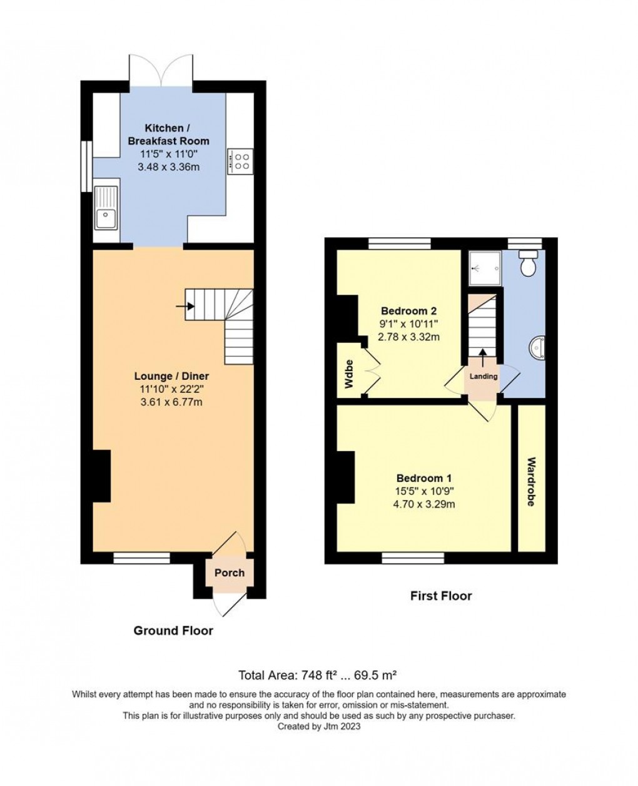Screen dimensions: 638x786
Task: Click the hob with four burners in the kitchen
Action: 240,161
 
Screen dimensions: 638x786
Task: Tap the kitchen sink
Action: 106,208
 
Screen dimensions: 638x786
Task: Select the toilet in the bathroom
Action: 529,262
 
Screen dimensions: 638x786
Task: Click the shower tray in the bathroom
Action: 485,268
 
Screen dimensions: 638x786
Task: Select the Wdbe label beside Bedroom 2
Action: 348,374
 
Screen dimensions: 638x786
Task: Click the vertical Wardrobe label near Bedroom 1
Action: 531,482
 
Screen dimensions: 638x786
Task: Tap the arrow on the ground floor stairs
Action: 185,306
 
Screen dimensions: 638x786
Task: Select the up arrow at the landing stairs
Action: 483,357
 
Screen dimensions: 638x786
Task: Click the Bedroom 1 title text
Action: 423,478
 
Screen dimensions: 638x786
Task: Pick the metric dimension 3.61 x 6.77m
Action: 171,402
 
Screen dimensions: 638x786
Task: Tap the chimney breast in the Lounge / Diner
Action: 101,476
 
